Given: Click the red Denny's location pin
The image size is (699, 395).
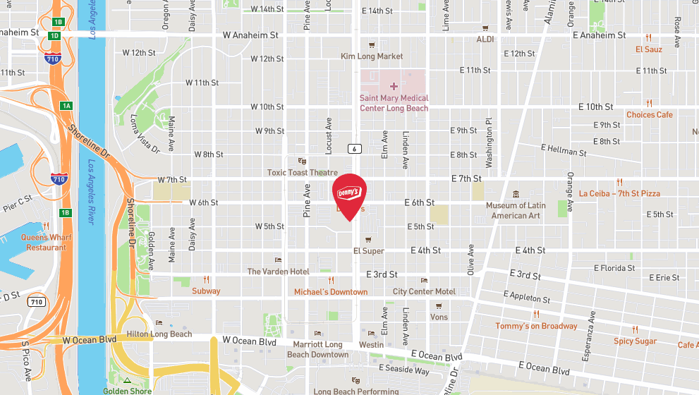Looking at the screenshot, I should pyautogui.click(x=349, y=195).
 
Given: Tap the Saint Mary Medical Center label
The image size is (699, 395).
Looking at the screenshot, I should pyautogui.click(x=394, y=103).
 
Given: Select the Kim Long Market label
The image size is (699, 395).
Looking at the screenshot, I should pyautogui.click(x=372, y=56).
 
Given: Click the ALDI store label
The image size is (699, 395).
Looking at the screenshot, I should pyautogui.click(x=485, y=39).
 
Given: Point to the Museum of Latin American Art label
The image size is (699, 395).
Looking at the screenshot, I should pyautogui.click(x=516, y=210).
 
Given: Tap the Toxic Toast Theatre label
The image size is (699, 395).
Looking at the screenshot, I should pyautogui.click(x=303, y=172).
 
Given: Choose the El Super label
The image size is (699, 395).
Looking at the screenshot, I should pyautogui.click(x=368, y=250).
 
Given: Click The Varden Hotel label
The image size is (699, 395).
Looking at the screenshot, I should pyautogui.click(x=279, y=272).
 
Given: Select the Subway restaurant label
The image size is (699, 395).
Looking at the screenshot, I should pyautogui.click(x=206, y=291).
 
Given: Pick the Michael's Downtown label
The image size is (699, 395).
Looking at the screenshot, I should pyautogui.click(x=331, y=291).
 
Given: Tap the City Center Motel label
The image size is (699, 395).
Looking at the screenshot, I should pyautogui.click(x=424, y=291).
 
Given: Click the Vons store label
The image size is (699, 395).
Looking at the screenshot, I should pyautogui.click(x=439, y=317).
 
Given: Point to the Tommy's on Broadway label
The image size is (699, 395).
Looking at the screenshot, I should pyautogui.click(x=536, y=326).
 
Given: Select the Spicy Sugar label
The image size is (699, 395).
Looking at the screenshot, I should pyautogui.click(x=635, y=341).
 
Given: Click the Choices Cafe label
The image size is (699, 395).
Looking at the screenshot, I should pyautogui.click(x=650, y=114).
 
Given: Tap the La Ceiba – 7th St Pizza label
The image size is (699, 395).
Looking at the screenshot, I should pyautogui.click(x=619, y=193).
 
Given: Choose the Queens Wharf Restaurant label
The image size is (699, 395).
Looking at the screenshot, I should pyautogui.click(x=47, y=243).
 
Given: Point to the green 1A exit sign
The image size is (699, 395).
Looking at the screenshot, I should pyautogui.click(x=66, y=106).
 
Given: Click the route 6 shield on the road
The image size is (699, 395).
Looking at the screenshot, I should pyautogui.click(x=353, y=148).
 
